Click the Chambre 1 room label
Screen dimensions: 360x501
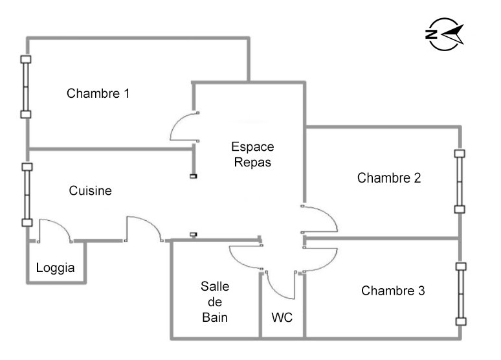[x=98, y=93]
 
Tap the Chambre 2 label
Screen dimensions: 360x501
[x=389, y=178]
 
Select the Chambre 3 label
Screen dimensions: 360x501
[x=393, y=291]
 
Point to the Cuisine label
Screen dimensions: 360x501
[x=91, y=191]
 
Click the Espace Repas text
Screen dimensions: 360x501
[x=252, y=154]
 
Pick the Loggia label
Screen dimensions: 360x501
[x=56, y=268]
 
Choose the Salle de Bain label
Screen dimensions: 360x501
[x=215, y=302]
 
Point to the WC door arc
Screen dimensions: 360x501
[x=281, y=285]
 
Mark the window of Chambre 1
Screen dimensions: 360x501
[x=26, y=87]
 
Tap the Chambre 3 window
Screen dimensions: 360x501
[x=460, y=293]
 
